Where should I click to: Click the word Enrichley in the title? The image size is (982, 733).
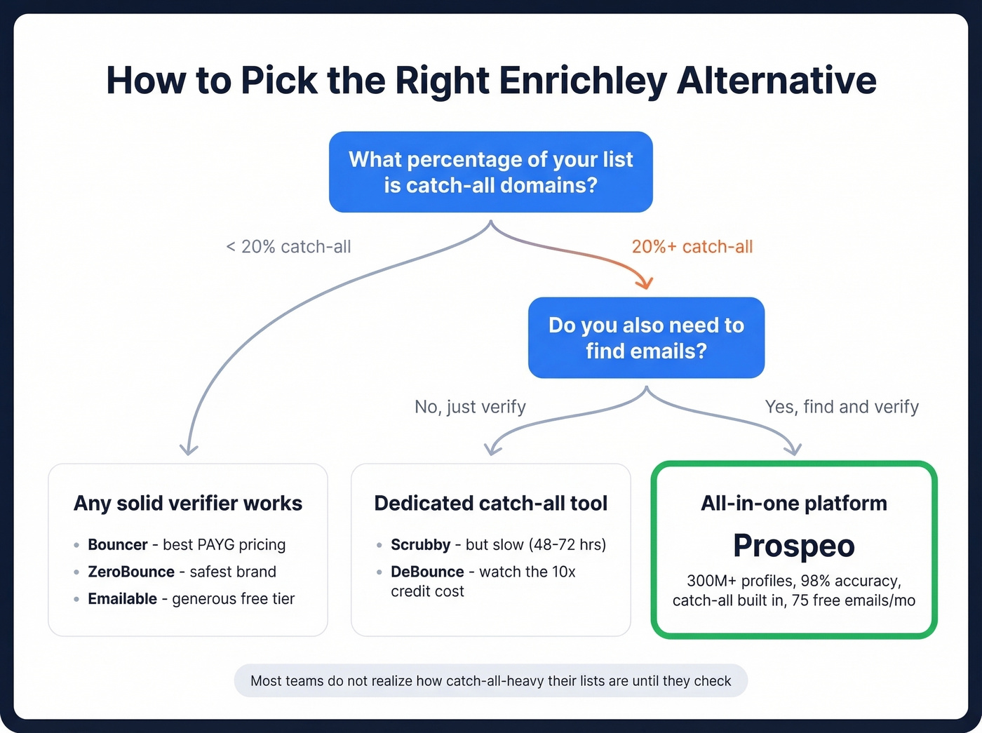pos(583,81)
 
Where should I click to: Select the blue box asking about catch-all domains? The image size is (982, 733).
pos(490,172)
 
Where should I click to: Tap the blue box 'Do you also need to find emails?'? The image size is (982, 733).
pos(646,337)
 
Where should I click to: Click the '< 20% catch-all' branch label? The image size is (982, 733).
pos(288,247)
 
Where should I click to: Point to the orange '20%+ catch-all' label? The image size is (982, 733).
pos(692,247)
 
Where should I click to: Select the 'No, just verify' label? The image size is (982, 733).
pos(470,407)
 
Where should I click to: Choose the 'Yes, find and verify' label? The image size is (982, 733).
pos(841,407)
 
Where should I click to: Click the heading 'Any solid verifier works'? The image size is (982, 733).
pos(188,503)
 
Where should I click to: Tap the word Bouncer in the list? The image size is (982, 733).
pos(117,544)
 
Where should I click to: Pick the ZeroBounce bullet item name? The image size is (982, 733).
pos(131,572)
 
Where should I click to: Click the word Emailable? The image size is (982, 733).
pos(122,598)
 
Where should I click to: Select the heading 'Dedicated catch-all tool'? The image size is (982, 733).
pos(490,503)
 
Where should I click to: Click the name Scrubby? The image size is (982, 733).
pos(420,544)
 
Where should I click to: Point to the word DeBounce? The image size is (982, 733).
pos(427,572)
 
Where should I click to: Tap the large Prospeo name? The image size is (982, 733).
pos(793,546)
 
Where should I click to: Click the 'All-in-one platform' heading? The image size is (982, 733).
pos(793,503)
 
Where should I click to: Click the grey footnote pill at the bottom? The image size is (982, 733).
pos(490,680)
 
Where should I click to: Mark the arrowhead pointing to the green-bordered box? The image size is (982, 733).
pos(793,449)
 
